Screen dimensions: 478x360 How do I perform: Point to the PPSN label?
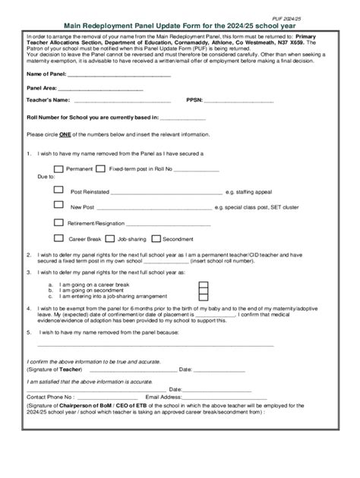tap(194, 100)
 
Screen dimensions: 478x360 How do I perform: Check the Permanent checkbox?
tap(58, 168)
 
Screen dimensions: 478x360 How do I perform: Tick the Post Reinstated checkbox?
tap(58, 190)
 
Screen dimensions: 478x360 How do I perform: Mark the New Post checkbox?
tap(58, 205)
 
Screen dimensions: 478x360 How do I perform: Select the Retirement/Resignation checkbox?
tap(58, 222)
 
